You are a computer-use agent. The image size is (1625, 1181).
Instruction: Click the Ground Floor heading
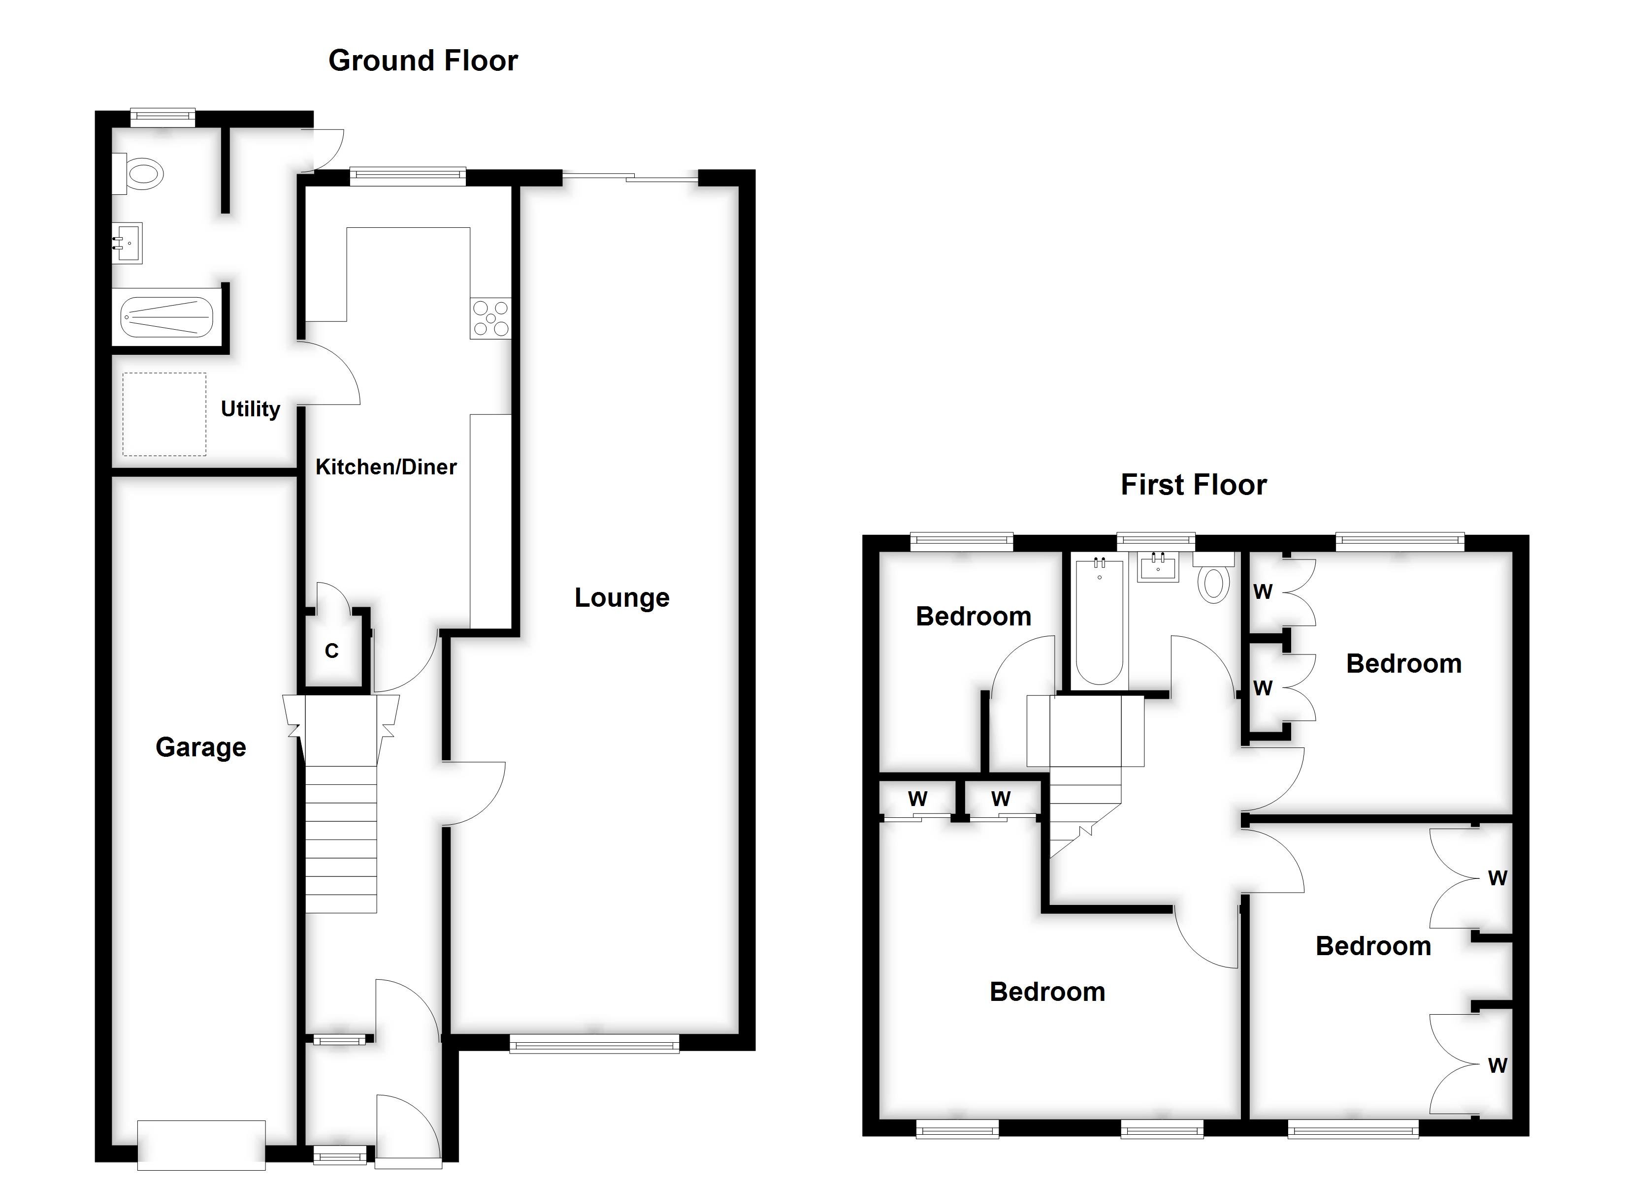click(422, 61)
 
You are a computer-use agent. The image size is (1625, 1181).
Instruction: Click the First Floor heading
click(1193, 485)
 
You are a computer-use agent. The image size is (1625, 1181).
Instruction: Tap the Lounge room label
click(621, 597)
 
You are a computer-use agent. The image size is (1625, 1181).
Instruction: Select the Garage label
click(200, 747)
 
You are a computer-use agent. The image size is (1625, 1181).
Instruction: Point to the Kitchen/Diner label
click(386, 467)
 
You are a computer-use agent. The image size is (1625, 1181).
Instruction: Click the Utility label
click(250, 409)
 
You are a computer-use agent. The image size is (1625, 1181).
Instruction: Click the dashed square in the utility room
click(164, 414)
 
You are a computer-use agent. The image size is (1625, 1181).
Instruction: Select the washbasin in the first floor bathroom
click(1158, 568)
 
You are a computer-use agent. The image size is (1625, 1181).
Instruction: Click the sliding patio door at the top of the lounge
click(630, 177)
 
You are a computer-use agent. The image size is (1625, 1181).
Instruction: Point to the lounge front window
click(594, 1046)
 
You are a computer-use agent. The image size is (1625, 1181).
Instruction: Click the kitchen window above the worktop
click(407, 176)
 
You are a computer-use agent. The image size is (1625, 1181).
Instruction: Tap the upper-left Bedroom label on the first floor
click(973, 617)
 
